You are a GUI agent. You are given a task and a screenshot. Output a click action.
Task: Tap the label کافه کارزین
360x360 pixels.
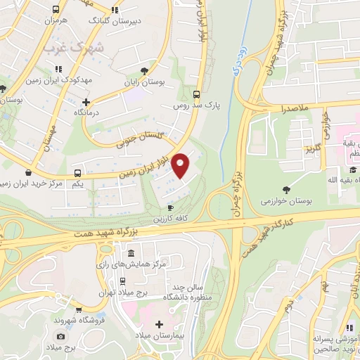click(x=173, y=219)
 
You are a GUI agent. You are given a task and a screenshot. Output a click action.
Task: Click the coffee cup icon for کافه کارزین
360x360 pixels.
click(x=170, y=208)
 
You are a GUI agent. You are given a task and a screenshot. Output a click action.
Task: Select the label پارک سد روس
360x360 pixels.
click(x=198, y=105)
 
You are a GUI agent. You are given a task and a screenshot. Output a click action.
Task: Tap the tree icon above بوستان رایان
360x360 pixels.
click(x=145, y=71)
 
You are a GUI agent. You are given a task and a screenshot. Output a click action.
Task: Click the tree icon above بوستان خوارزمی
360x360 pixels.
click(x=285, y=189)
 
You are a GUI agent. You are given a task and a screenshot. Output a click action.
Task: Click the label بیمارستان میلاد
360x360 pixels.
click(x=160, y=336)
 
